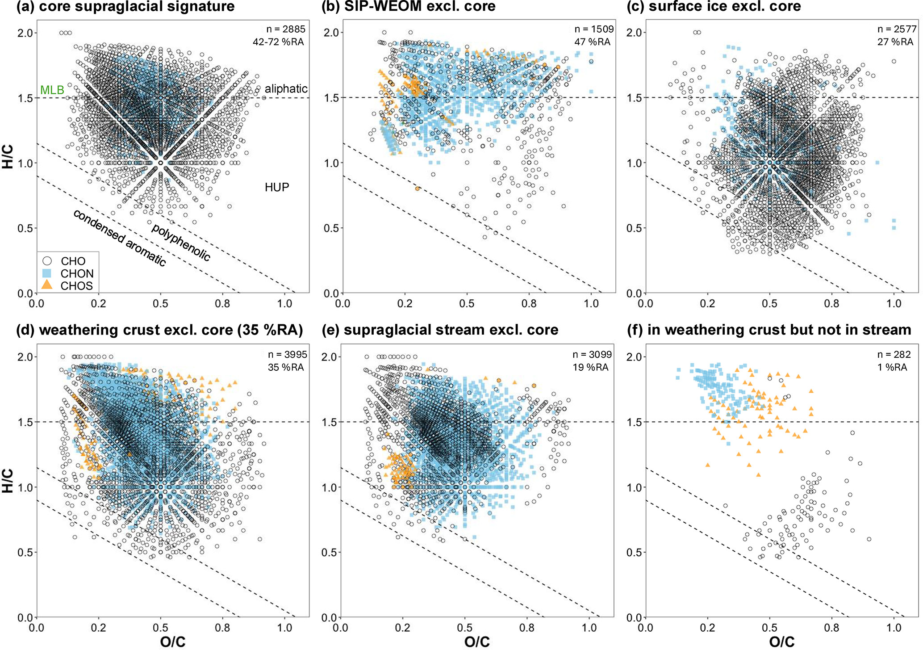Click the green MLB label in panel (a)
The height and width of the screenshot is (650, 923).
(x=52, y=90)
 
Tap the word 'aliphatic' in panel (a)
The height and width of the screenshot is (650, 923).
(x=286, y=88)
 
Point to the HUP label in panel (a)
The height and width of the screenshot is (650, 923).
(x=277, y=187)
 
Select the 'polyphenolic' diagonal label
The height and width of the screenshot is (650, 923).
(x=181, y=242)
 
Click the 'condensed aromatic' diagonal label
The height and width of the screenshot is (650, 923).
(x=120, y=238)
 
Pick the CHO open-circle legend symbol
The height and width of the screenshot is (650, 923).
(x=47, y=261)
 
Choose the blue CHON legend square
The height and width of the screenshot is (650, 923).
(x=47, y=273)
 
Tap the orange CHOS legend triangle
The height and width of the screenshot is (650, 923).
(x=47, y=285)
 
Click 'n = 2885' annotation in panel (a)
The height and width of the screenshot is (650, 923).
(x=286, y=29)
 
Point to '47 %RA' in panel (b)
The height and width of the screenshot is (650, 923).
(x=592, y=42)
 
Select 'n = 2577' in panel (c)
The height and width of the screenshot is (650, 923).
(x=897, y=29)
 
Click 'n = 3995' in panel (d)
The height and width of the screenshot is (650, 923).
(x=287, y=355)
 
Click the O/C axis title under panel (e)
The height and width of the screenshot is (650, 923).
(x=477, y=642)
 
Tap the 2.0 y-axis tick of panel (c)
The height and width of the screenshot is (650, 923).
(x=635, y=33)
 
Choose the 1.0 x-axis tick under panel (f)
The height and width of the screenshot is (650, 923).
(x=894, y=628)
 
